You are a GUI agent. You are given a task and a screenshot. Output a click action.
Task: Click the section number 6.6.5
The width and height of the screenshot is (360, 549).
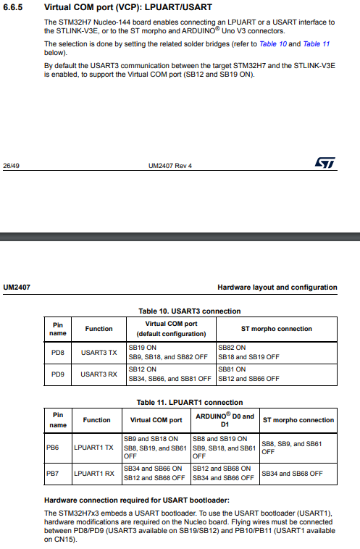click(14, 8)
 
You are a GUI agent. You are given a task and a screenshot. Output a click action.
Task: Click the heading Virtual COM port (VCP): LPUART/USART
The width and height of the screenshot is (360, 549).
click(132, 8)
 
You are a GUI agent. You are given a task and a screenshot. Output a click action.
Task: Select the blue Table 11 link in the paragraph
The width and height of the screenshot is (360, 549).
click(316, 44)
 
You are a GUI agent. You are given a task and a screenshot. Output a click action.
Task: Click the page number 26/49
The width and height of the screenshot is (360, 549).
click(11, 166)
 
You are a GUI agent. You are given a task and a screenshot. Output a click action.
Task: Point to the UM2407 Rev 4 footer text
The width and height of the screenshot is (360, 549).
click(170, 166)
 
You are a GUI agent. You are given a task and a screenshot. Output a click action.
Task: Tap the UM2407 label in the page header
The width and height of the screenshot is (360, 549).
click(16, 288)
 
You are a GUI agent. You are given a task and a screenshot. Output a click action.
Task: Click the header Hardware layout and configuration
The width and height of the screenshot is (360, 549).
click(277, 288)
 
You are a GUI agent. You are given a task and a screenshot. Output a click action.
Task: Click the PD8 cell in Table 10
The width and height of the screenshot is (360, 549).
click(58, 352)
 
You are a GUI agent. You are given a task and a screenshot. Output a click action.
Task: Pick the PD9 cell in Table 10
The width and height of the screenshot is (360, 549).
click(58, 374)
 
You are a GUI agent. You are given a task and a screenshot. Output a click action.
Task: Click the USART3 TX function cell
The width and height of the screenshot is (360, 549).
click(99, 352)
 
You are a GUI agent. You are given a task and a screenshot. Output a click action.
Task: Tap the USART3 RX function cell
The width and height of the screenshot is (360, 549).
click(99, 374)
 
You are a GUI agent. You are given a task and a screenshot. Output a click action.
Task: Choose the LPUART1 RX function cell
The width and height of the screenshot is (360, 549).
click(94, 474)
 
